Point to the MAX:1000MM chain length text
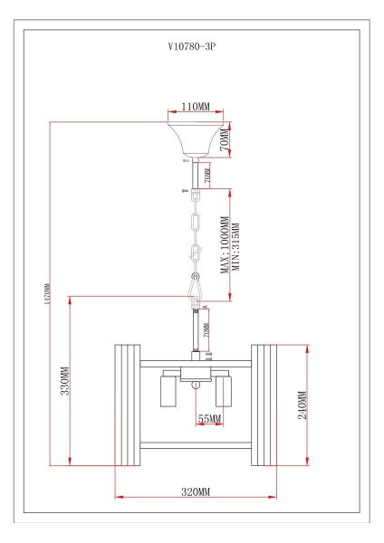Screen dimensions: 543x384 coord(223,243)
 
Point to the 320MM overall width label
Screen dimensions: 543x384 coord(196,491)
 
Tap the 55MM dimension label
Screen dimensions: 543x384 coord(208,420)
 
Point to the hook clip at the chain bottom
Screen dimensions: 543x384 coord(195,285)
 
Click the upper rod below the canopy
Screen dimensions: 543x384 coord(195,174)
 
